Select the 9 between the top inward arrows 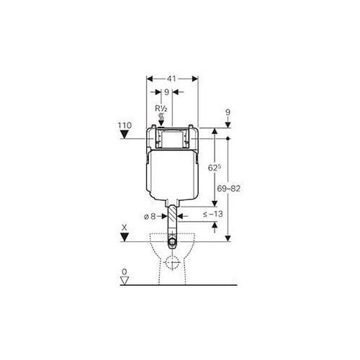pos(166,91)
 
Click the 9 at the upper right pos(228,112)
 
